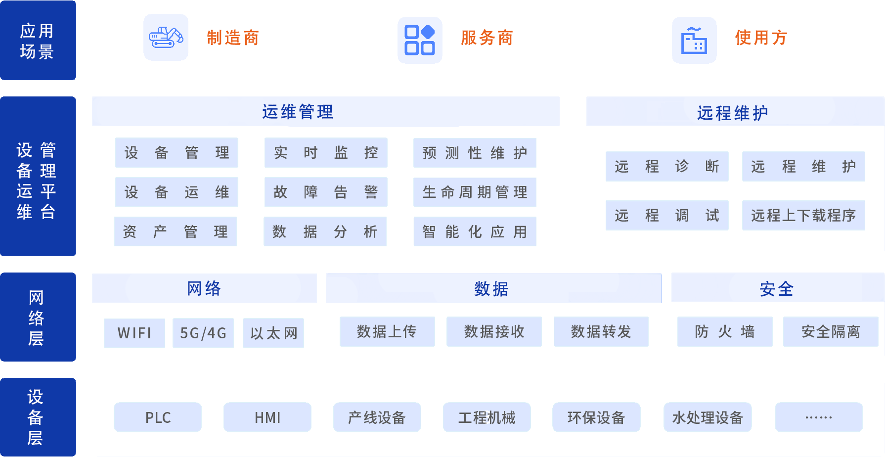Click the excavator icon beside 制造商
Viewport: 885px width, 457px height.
[x=166, y=38]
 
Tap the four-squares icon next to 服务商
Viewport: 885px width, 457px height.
[x=420, y=40]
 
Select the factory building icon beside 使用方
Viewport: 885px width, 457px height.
[x=694, y=40]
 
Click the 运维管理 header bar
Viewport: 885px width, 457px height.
[x=325, y=112]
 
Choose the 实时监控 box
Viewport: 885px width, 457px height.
[x=326, y=152]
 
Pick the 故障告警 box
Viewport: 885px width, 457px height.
[x=326, y=192]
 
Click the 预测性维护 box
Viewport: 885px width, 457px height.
[x=475, y=153]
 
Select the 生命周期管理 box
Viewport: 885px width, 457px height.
[x=475, y=192]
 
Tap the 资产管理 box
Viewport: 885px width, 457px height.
[x=176, y=231]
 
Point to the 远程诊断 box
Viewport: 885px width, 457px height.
[x=667, y=166]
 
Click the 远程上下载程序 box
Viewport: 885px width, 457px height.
[x=803, y=215]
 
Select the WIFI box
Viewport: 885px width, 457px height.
[x=134, y=333]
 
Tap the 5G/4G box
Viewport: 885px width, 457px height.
[x=203, y=333]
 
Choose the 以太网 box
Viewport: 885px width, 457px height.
[x=273, y=333]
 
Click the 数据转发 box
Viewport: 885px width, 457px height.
[x=601, y=331]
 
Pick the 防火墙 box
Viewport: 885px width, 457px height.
[x=725, y=331]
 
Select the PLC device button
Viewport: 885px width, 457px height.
[x=158, y=417]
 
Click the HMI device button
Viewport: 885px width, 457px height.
[x=267, y=417]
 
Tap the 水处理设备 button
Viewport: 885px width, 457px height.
[x=708, y=417]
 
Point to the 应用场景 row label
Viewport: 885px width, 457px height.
[x=37, y=41]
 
